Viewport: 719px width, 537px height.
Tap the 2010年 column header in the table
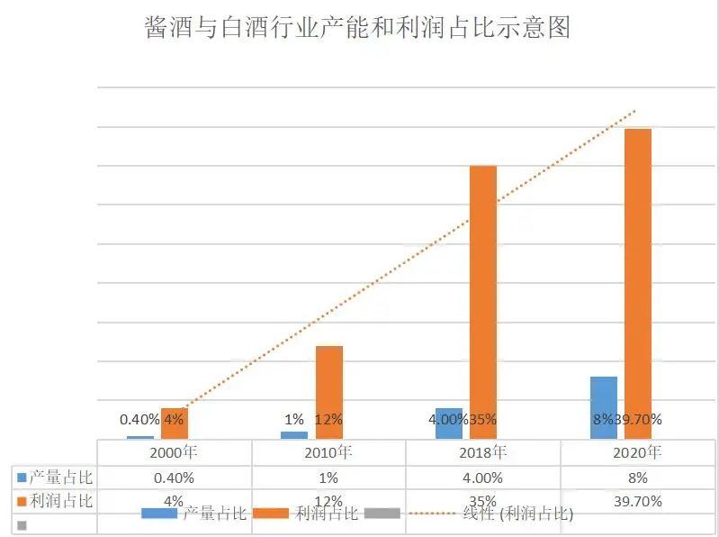click(x=328, y=451)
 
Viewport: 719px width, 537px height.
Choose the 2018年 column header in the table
click(x=482, y=451)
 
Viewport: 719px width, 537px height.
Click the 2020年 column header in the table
click(x=637, y=451)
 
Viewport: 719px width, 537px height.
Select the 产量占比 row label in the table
click(x=60, y=477)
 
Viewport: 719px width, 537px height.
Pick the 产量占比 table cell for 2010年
click(x=328, y=478)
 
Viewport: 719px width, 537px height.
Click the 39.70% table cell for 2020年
click(x=637, y=501)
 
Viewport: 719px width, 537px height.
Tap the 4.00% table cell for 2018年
click(x=482, y=478)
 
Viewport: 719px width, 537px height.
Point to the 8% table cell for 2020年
click(x=637, y=478)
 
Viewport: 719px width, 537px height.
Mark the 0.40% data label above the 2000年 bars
click(x=139, y=419)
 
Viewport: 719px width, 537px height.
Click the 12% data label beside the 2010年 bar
click(x=328, y=419)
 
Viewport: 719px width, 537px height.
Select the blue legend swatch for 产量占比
click(x=159, y=514)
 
